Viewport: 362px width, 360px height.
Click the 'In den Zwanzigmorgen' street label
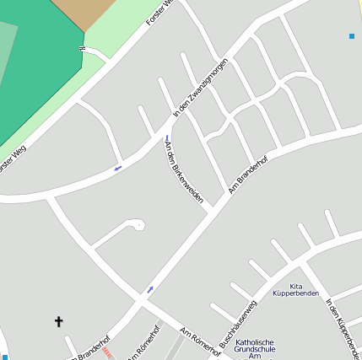click(x=200, y=89)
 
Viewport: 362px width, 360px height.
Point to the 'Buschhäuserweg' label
click(x=236, y=324)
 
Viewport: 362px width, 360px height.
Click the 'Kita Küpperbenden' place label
click(x=295, y=291)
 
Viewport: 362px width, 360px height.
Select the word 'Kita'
click(x=295, y=286)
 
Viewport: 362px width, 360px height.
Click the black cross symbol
click(x=59, y=321)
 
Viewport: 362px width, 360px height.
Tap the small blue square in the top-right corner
click(x=352, y=35)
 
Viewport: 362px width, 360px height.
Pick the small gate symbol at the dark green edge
click(x=82, y=49)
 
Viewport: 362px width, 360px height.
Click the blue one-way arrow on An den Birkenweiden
click(x=167, y=137)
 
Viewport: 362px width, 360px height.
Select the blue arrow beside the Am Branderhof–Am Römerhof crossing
click(x=150, y=289)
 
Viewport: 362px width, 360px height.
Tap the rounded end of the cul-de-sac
click(x=136, y=224)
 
